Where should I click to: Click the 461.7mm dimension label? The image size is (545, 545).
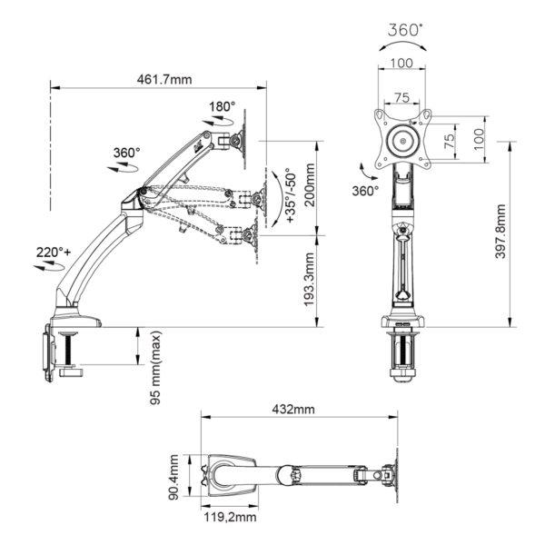pyautogui.click(x=166, y=79)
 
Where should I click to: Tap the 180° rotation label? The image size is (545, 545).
pyautogui.click(x=221, y=107)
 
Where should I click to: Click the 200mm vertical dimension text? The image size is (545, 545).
pyautogui.click(x=310, y=185)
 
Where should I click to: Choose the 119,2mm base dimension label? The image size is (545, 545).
pyautogui.click(x=228, y=519)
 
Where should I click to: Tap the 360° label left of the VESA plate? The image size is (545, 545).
pyautogui.click(x=364, y=191)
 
